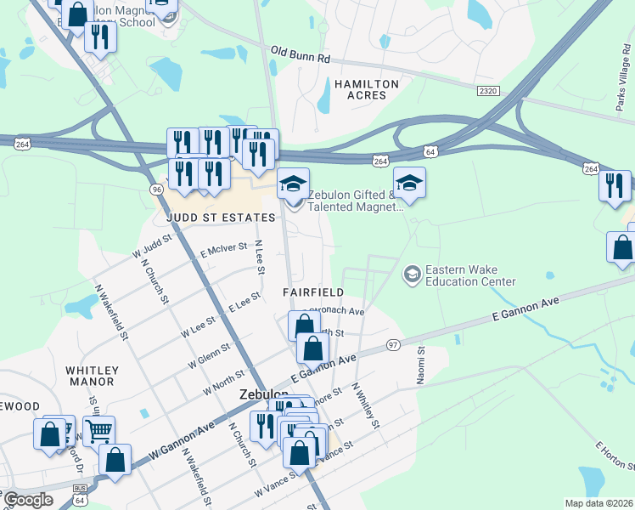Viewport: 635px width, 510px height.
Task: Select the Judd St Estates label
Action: click(222, 218)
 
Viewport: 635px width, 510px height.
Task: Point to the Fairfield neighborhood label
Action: click(313, 292)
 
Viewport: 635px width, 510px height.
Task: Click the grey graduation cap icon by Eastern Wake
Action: click(412, 274)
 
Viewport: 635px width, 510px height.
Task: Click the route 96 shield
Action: click(156, 189)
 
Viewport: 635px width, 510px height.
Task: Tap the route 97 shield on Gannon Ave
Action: click(392, 343)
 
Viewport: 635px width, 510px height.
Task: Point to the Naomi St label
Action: click(420, 365)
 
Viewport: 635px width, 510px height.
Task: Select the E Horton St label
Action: click(616, 456)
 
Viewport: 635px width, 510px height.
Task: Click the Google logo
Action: click(28, 500)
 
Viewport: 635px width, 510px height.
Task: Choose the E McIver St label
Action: click(223, 250)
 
